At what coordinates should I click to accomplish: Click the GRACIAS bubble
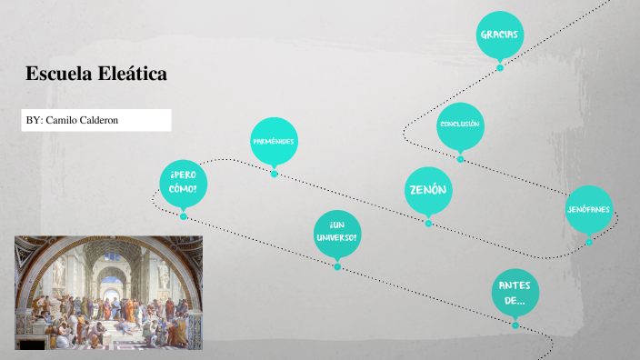point(499,35)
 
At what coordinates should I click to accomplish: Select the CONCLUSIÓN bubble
point(459,125)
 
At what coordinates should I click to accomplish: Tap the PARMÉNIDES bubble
point(274,141)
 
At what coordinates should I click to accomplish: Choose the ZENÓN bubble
point(427,190)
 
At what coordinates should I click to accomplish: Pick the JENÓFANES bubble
point(588,209)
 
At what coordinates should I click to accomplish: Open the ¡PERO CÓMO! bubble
point(183,181)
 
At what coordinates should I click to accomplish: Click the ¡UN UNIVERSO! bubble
point(336,231)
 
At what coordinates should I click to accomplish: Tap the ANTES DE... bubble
point(515,293)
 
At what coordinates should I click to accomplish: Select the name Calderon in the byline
point(99,120)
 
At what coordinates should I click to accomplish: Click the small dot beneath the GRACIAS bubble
point(499,67)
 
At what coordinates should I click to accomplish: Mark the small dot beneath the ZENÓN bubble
point(428,223)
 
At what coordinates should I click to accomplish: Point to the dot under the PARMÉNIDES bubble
point(274,174)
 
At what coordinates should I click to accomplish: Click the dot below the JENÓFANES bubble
point(588,242)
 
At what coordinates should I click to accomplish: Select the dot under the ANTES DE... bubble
point(515,325)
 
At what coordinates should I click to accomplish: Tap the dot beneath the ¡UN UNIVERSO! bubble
point(336,267)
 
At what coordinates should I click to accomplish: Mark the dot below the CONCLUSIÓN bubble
point(460,159)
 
